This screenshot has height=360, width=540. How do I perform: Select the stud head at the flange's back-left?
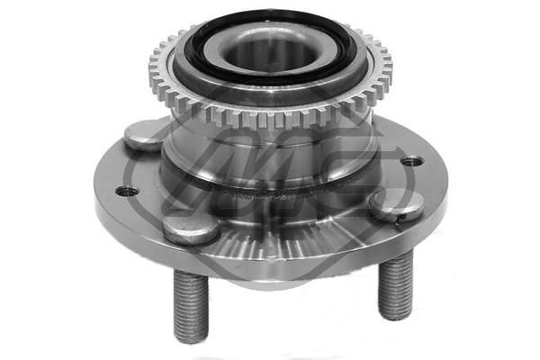(143, 135)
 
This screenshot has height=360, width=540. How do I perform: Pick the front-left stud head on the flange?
(191, 228)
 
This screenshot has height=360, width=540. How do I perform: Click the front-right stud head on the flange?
(395, 206)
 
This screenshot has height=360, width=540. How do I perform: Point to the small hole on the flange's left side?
(124, 192)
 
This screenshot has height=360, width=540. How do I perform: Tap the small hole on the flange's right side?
(411, 162)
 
